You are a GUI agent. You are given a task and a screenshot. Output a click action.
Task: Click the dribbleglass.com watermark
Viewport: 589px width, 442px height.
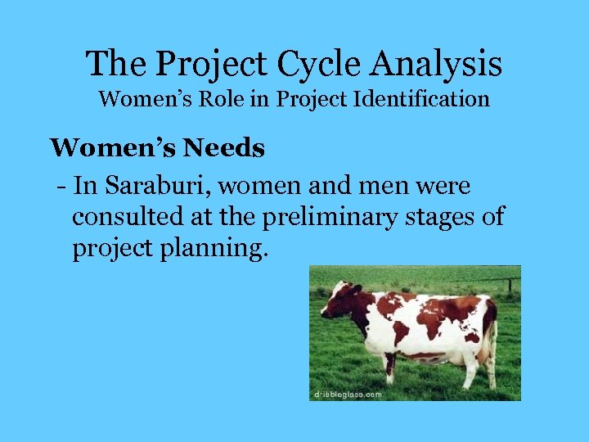pyautogui.click(x=348, y=394)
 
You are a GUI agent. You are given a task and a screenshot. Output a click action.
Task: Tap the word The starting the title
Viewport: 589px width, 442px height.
pyautogui.click(x=114, y=63)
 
